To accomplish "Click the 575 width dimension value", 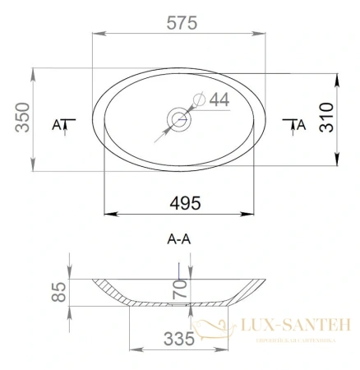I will click(181, 22).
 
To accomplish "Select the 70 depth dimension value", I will click(181, 288).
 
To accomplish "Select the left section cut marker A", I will click(58, 125).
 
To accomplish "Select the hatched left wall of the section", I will click(111, 289).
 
